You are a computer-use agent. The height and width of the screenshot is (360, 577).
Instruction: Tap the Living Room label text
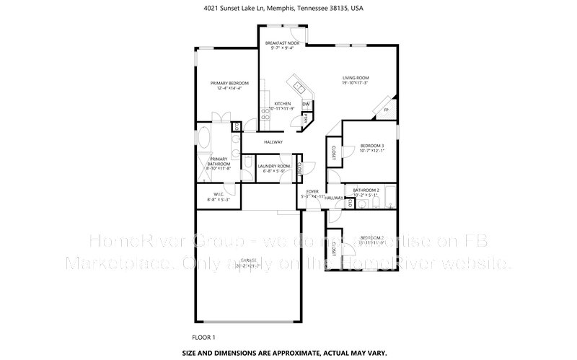pyautogui.click(x=355, y=78)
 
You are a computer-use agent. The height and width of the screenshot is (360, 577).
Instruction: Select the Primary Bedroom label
pyautogui.click(x=224, y=84)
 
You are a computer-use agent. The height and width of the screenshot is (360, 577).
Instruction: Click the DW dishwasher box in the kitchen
pyautogui.click(x=306, y=104)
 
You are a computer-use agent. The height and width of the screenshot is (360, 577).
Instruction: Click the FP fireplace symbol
pyautogui.click(x=386, y=110)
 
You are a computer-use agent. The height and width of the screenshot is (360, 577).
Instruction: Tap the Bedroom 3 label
pyautogui.click(x=372, y=146)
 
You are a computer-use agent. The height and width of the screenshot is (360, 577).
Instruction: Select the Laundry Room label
pyautogui.click(x=274, y=167)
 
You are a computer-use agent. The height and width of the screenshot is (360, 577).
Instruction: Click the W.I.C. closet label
pyautogui.click(x=218, y=194)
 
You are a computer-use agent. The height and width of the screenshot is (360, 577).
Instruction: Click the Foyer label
pyautogui.click(x=312, y=192)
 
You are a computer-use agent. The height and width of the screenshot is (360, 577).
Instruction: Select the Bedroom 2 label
pyautogui.click(x=372, y=237)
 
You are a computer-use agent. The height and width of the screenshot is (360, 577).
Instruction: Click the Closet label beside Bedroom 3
pyautogui.click(x=333, y=152)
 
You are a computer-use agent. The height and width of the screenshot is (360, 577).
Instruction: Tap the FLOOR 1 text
pyautogui.click(x=203, y=337)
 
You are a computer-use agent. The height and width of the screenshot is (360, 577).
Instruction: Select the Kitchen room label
pyautogui.click(x=282, y=104)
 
